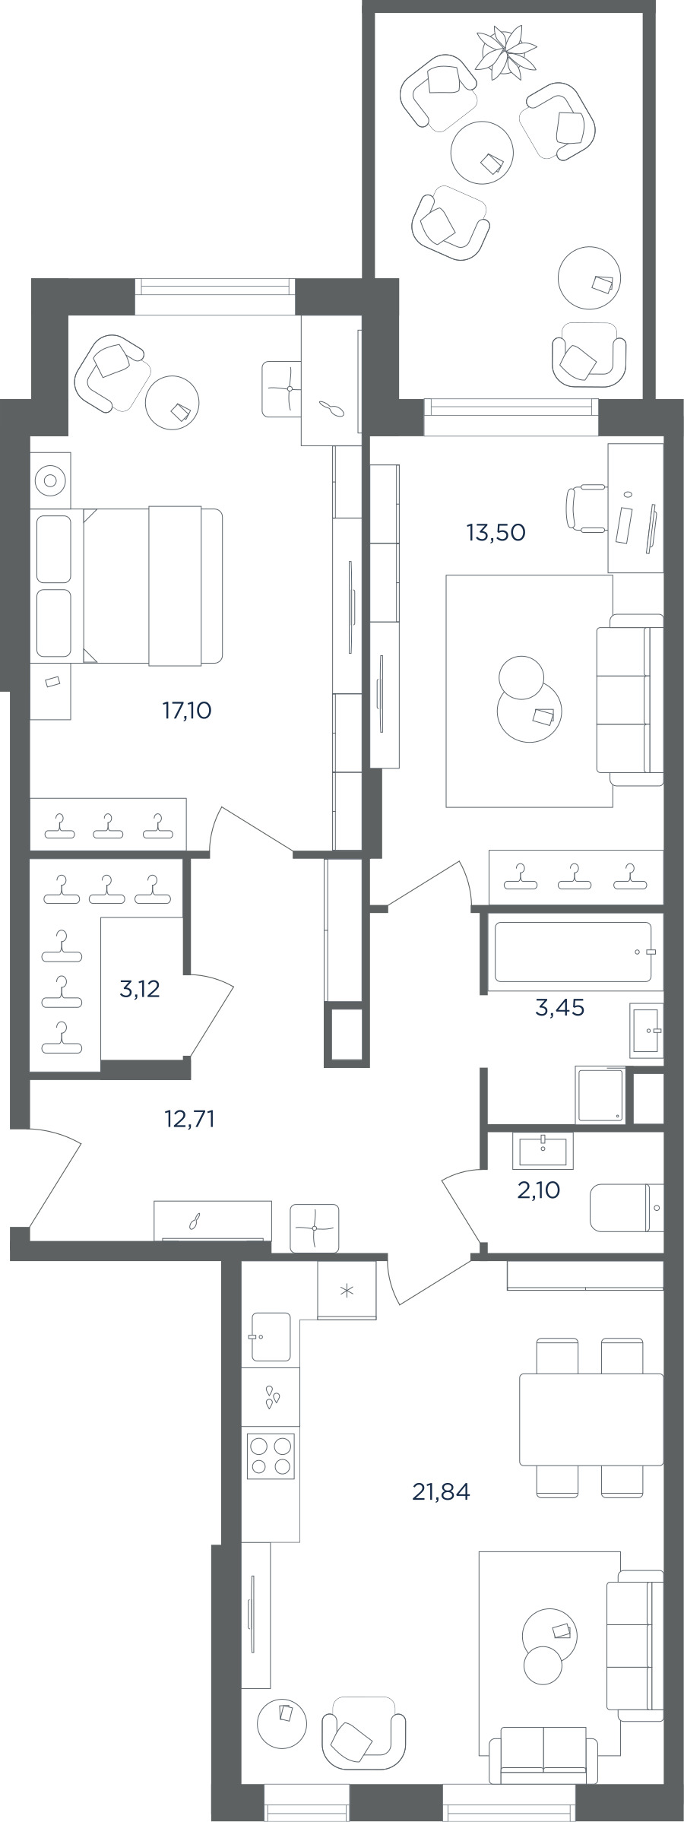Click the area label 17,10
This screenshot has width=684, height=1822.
click(186, 711)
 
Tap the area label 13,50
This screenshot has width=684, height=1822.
click(496, 532)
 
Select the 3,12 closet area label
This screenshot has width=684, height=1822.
click(140, 989)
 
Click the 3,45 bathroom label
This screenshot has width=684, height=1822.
click(560, 1008)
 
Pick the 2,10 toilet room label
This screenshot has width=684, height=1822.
click(538, 1190)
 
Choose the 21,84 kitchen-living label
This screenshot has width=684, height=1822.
click(441, 1491)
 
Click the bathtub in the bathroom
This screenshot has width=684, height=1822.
click(574, 952)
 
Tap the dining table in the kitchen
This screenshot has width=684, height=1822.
click(591, 1419)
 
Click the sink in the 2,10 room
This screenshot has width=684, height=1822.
click(543, 1151)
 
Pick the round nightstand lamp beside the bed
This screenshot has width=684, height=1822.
click(50, 480)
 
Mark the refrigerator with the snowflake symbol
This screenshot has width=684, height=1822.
click(347, 1290)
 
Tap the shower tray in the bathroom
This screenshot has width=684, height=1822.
click(601, 1095)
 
